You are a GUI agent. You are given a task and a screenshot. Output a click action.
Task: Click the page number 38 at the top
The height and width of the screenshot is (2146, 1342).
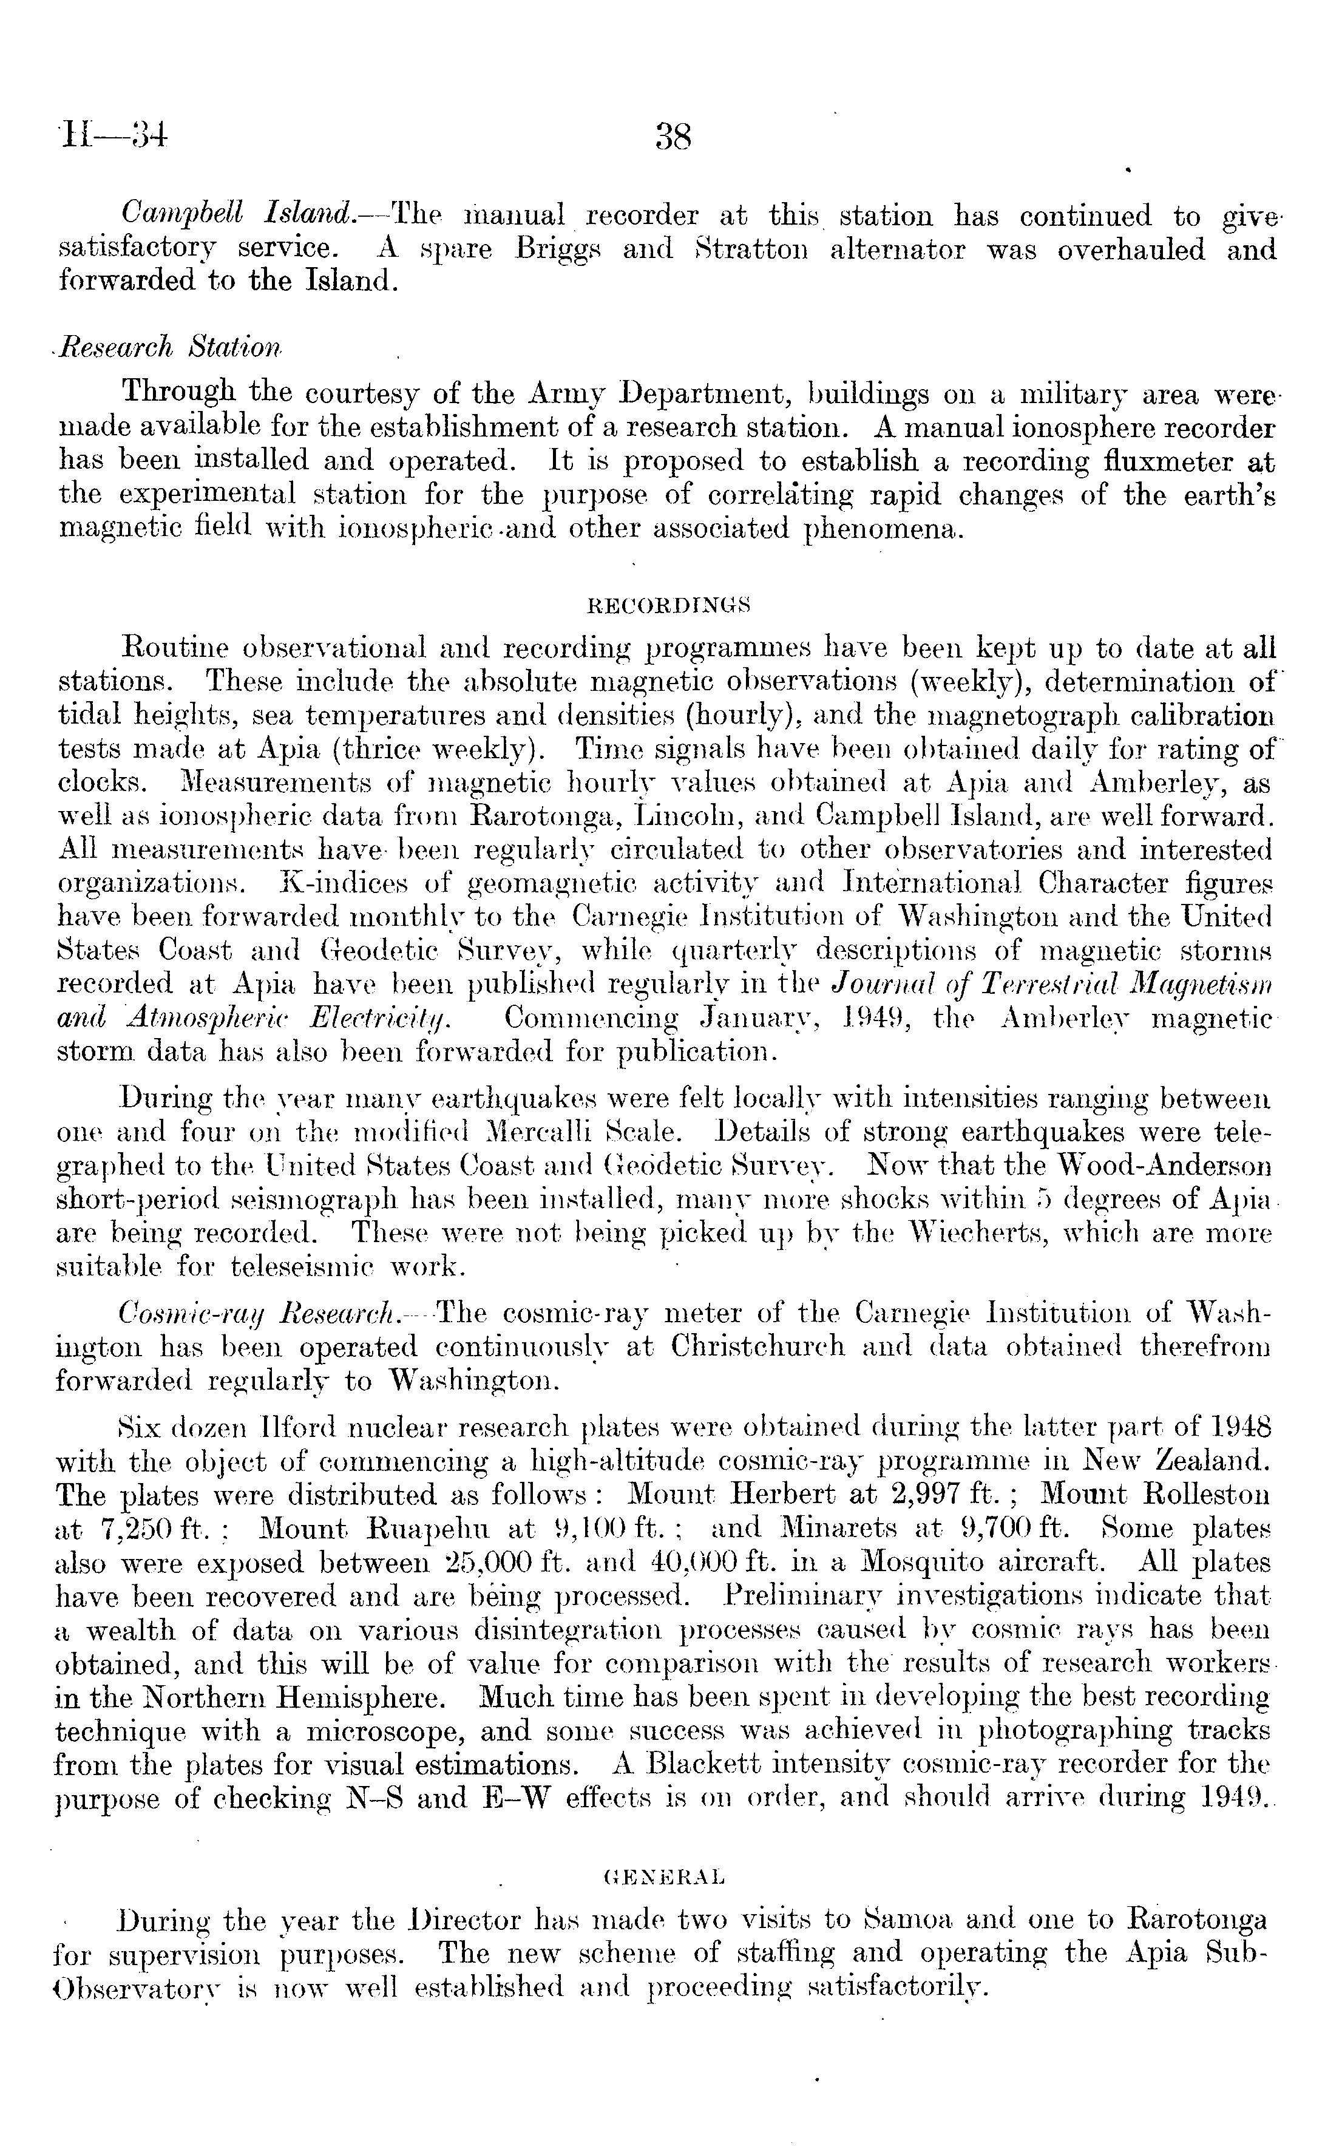672,138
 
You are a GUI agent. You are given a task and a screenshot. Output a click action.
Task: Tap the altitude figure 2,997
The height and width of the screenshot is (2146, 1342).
930,1495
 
